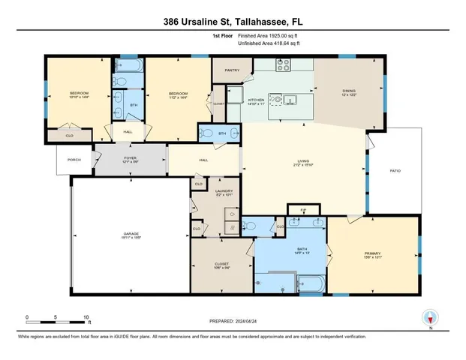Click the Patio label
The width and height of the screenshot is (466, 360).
click(395, 171)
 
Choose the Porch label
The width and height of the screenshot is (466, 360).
click(74, 160)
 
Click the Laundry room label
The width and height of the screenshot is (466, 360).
click(204, 190)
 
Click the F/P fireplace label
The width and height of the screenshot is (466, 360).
click(303, 210)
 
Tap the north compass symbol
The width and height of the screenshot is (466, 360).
click(430, 319)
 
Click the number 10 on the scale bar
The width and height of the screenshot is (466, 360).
click(86, 317)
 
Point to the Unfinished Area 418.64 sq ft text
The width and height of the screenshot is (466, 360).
click(269, 44)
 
